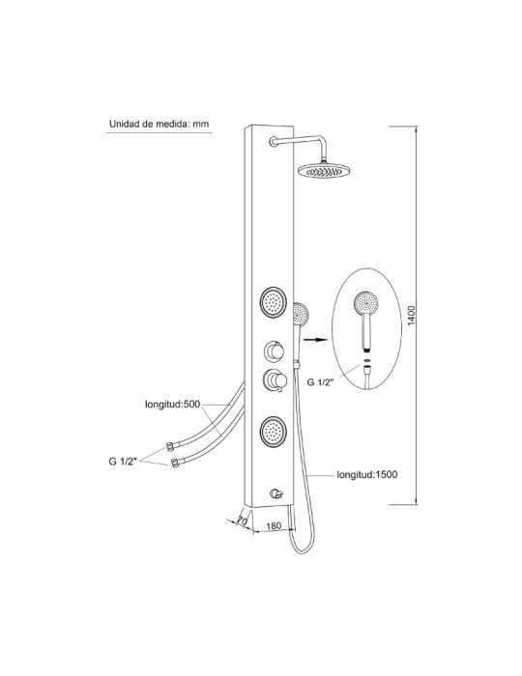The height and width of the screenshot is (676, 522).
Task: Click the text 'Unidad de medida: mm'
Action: (x=159, y=125)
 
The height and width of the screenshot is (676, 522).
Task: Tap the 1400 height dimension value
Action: (x=411, y=315)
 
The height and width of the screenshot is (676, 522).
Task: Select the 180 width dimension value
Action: (x=274, y=526)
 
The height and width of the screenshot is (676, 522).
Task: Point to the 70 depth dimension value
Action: (x=242, y=521)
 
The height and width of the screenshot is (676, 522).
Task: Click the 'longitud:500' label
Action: (x=173, y=405)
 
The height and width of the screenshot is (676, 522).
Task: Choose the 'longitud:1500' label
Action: (x=367, y=475)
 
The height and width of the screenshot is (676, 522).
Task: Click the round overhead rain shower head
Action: (x=323, y=171)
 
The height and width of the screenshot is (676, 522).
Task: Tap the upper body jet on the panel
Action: (x=273, y=302)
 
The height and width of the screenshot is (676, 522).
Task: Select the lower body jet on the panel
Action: (x=273, y=432)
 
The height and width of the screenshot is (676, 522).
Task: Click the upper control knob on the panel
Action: (x=274, y=352)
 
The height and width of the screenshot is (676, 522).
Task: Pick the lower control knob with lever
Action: (x=275, y=380)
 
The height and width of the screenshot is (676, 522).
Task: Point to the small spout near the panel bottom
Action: (x=275, y=493)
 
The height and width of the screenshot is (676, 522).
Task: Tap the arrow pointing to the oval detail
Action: (x=315, y=340)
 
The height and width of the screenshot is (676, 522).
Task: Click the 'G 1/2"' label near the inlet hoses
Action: (x=123, y=461)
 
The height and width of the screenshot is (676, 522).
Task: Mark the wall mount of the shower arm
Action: (x=274, y=141)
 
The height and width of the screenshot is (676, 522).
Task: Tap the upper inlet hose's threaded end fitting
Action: (x=171, y=446)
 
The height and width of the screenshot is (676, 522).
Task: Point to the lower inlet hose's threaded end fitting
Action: (x=175, y=464)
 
